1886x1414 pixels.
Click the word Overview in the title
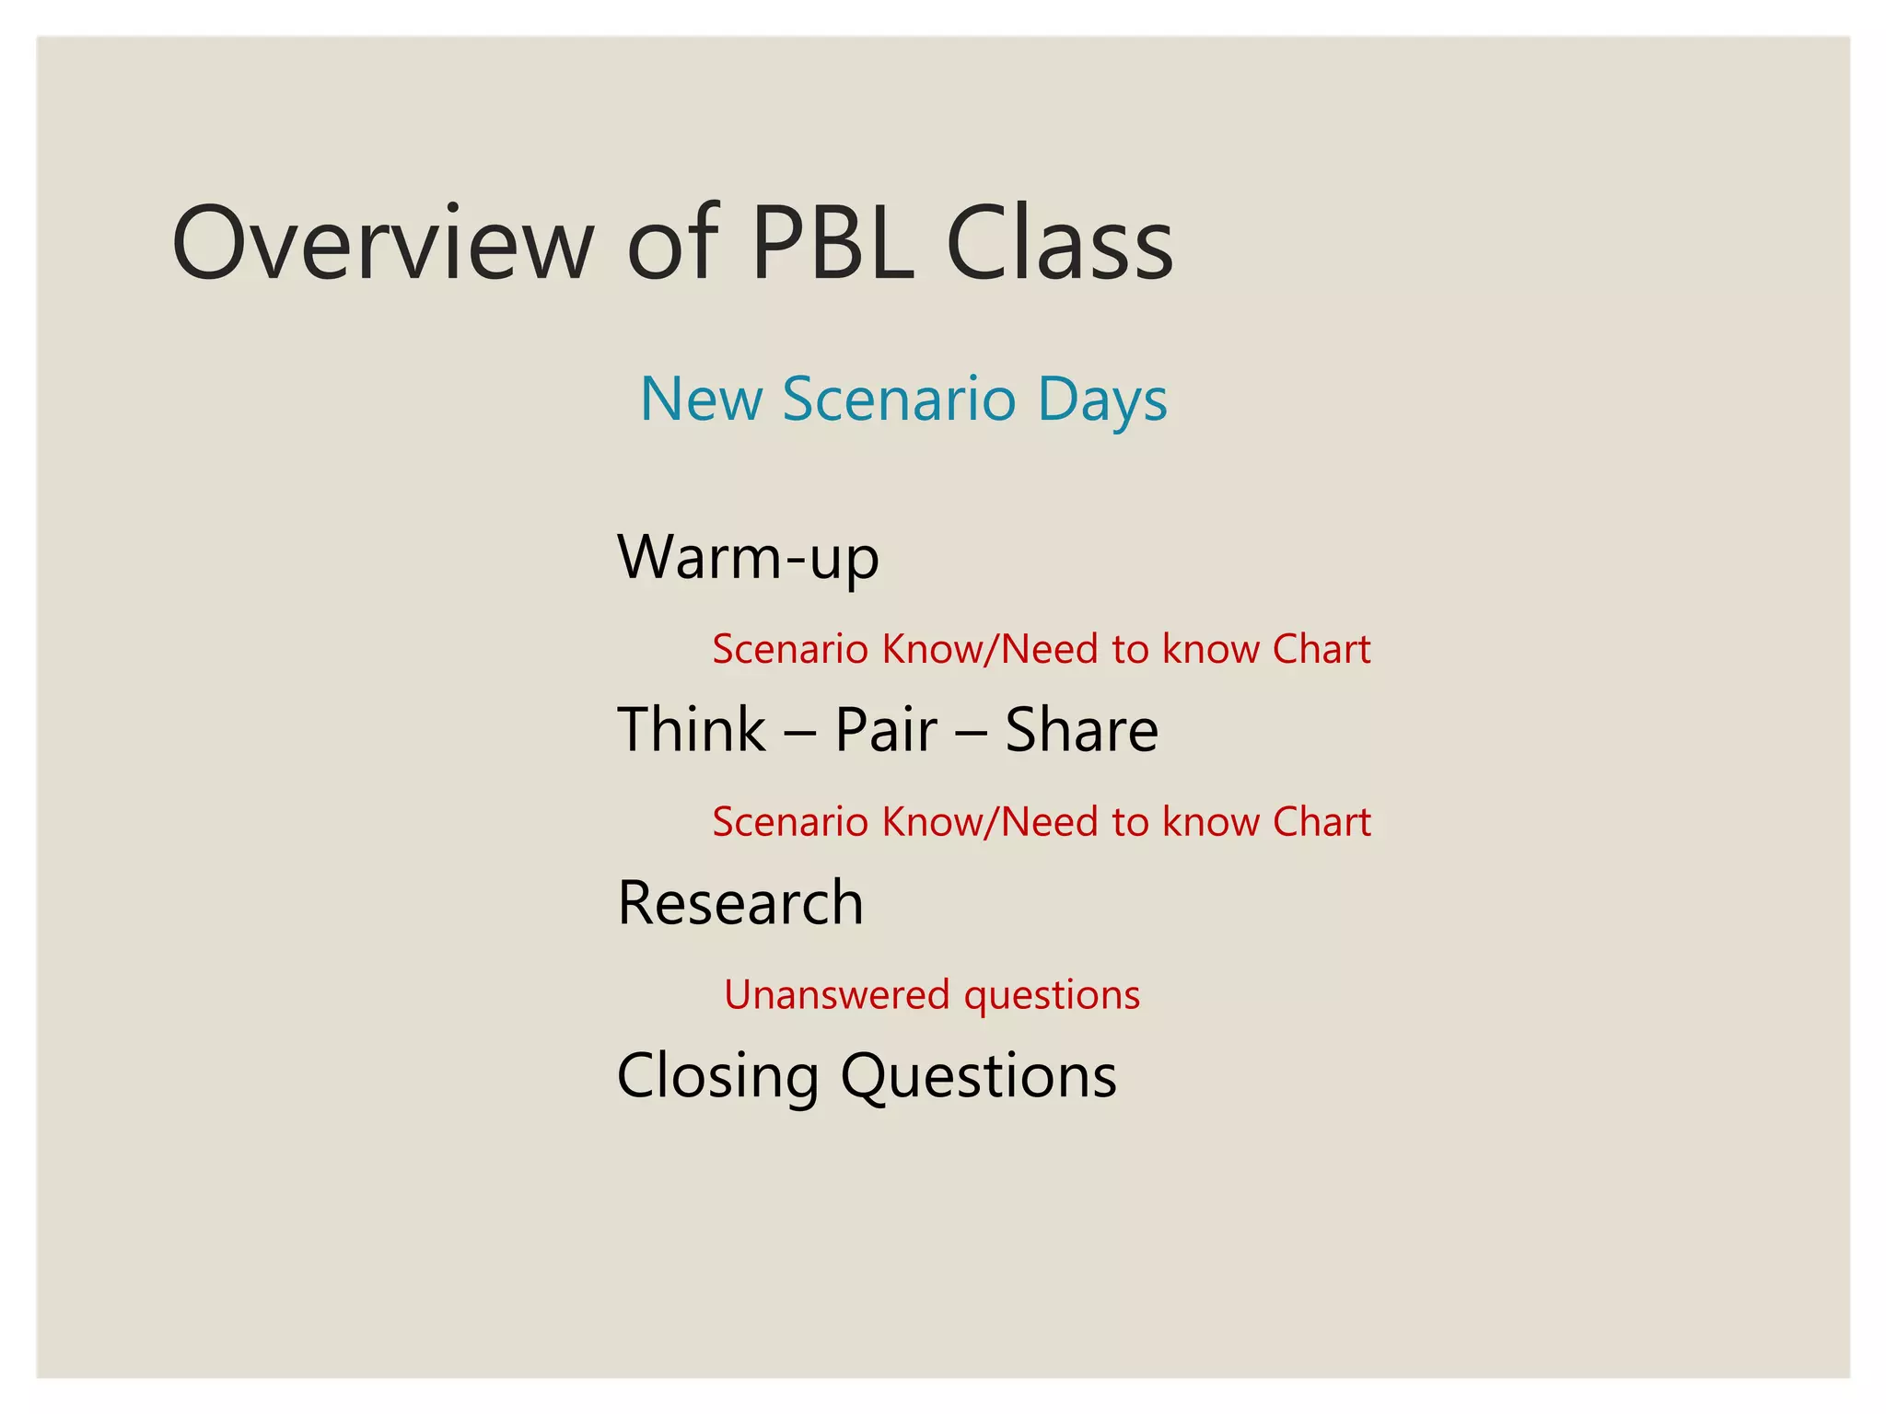(383, 243)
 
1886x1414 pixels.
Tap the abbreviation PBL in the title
(832, 243)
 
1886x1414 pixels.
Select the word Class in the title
(1059, 243)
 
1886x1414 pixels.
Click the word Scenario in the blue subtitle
(899, 400)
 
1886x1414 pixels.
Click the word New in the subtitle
(701, 400)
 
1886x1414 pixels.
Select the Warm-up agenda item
(748, 558)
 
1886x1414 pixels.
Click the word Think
(691, 730)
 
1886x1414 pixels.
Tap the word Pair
(886, 730)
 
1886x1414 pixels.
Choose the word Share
(1081, 730)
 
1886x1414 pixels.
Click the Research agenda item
(740, 902)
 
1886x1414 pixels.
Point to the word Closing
(717, 1076)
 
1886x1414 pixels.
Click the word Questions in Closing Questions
(978, 1076)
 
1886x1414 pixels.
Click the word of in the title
(672, 243)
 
